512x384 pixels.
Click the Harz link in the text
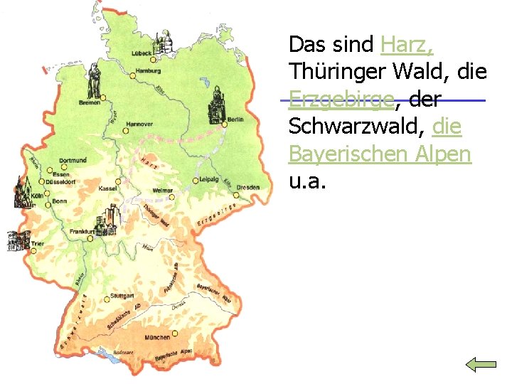coord(407,45)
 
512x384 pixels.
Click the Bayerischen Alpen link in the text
coord(380,154)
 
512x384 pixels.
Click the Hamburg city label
coord(148,70)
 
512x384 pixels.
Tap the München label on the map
coord(156,337)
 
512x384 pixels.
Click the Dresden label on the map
coord(248,187)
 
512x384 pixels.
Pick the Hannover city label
coord(139,124)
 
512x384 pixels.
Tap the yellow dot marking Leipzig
coord(196,180)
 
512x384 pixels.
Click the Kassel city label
coord(108,188)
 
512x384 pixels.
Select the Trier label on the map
coord(37,244)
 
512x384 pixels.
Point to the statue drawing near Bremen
coord(92,80)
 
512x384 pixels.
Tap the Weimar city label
coord(162,191)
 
